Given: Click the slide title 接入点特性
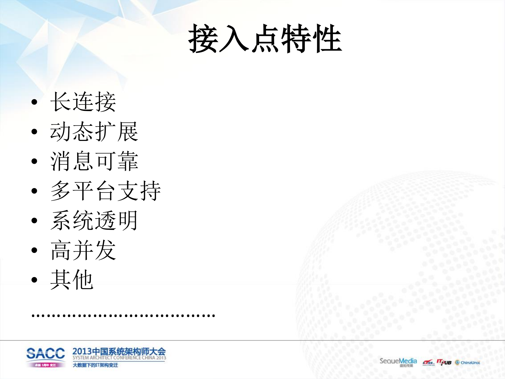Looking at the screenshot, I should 265,39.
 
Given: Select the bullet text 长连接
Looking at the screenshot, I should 83,102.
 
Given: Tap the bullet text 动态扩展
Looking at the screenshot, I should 94,132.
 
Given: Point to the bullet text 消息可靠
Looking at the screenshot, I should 94,161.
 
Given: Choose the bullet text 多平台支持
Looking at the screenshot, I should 106,191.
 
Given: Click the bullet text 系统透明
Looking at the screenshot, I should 94,221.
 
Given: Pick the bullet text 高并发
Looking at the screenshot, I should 83,250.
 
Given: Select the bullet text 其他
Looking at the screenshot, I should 72,280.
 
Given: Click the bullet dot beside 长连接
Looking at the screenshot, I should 34,102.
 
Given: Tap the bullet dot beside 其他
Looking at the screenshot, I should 34,280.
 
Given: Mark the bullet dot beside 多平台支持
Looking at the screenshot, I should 34,191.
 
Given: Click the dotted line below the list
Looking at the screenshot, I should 123,315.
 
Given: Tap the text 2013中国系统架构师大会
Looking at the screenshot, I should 119,351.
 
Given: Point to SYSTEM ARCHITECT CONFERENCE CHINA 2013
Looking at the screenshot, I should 119,358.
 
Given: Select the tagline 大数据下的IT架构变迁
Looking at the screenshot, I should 95,365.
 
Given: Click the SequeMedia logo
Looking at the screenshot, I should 398,361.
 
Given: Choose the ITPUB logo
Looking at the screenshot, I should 444,362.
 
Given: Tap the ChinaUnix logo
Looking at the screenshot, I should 467,363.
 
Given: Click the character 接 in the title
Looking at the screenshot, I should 203,39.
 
